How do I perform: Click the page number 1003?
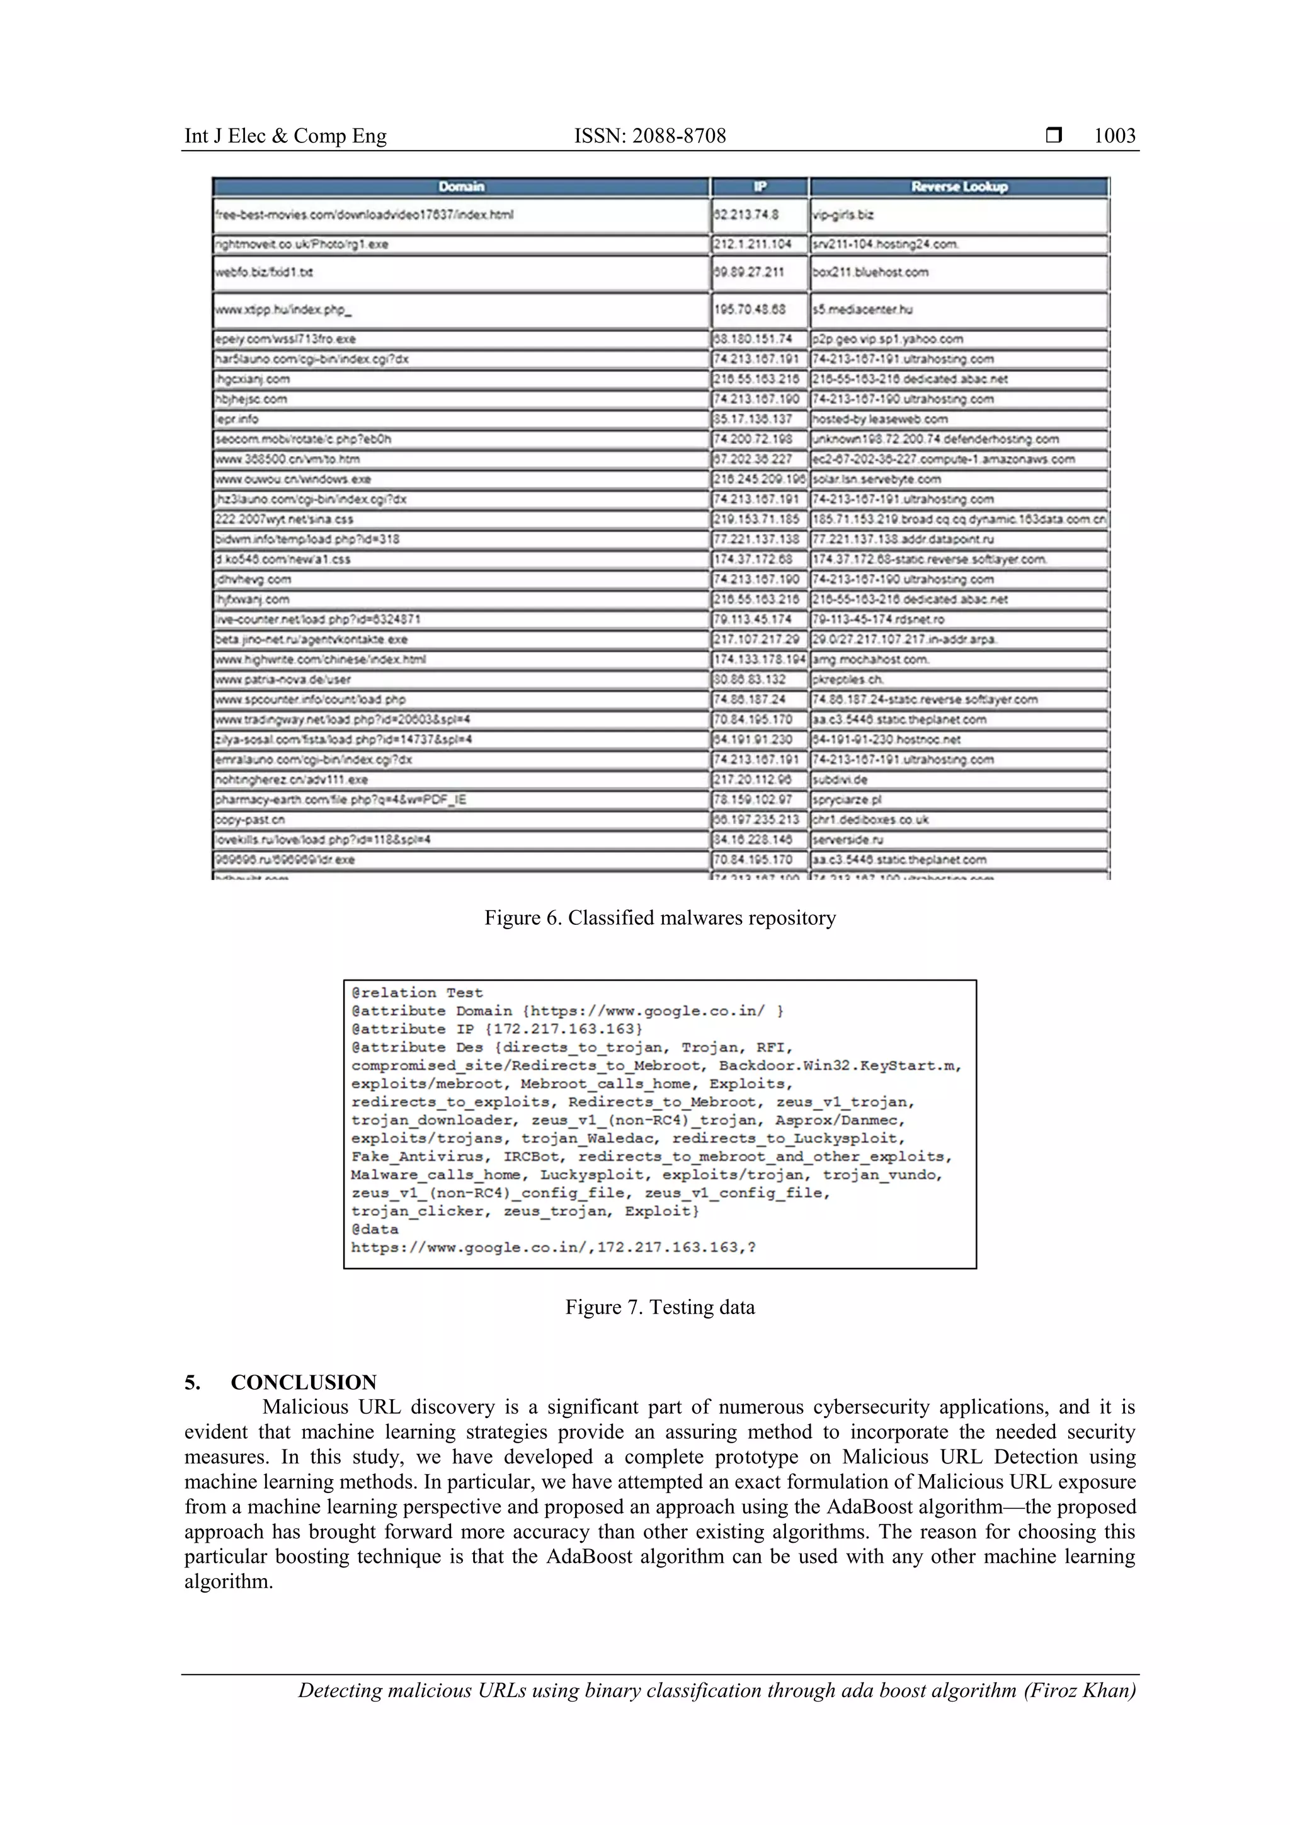1114,136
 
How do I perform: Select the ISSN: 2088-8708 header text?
649,136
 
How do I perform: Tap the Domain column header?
461,187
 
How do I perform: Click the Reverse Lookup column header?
959,187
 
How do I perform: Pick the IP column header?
759,187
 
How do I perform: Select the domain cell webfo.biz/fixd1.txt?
264,273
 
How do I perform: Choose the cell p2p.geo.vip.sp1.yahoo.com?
887,340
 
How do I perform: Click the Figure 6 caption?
659,918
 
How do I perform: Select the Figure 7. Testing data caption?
659,1308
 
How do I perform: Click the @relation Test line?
416,993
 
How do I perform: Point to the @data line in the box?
375,1229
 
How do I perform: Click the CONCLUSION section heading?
303,1382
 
